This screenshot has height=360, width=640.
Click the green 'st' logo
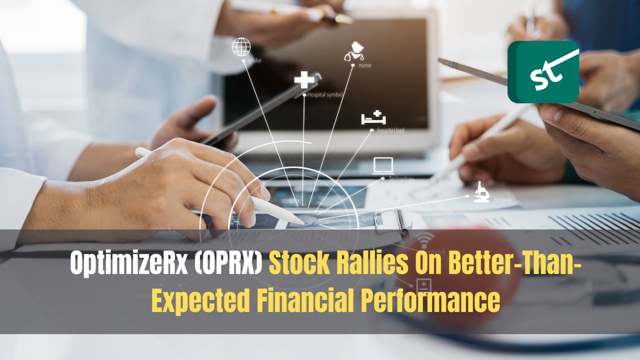coord(543,71)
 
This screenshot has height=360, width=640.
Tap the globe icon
coord(241,47)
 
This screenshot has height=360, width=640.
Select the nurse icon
coord(353,51)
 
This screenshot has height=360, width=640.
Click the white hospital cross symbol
coord(303,80)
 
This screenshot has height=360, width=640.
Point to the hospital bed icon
coord(374,118)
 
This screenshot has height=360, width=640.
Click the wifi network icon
coord(425,240)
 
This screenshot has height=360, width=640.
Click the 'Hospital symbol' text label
coord(325,94)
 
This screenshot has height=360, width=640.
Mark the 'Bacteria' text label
coord(502,200)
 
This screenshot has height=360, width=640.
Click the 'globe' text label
coord(254,61)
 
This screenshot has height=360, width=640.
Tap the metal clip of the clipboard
coord(392,221)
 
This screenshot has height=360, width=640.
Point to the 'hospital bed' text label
coord(390,130)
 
